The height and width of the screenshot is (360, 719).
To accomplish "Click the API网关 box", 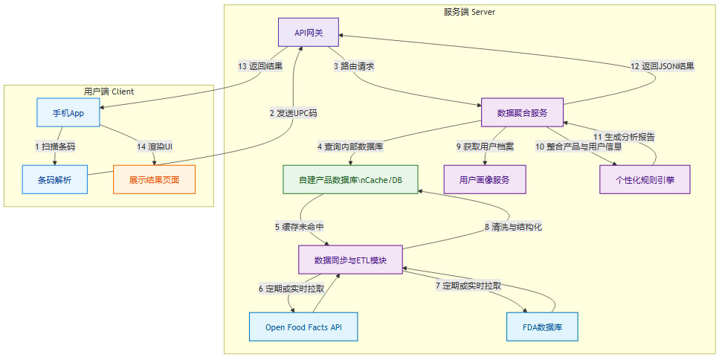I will coord(309,33).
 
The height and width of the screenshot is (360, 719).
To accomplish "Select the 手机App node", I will coord(68,112).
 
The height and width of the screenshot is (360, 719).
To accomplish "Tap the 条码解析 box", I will coord(55,179).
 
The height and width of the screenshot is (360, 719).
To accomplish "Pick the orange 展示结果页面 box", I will coord(154,179).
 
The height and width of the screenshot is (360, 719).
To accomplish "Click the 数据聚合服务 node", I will coord(522,112).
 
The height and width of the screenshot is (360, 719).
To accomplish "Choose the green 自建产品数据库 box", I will coord(349,179).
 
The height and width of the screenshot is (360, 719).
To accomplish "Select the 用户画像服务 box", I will coord(485,179).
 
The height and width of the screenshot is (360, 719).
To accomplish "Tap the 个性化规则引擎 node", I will coord(645,179).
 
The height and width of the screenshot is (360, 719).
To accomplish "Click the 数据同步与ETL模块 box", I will coord(350,260).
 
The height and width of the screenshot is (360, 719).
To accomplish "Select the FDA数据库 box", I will coord(541,327).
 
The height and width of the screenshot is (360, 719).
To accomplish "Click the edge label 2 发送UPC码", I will coord(293,113).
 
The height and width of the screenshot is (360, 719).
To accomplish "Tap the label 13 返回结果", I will coord(260,66).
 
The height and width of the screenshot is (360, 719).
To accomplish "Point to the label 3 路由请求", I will coord(353,66).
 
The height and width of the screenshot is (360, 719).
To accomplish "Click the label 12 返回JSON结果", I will coord(662,66).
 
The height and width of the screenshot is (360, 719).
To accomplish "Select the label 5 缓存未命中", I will coord(299,227).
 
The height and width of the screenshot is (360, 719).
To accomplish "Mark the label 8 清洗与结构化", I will coord(513,227).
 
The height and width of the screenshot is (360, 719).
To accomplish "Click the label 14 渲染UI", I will coord(155,146).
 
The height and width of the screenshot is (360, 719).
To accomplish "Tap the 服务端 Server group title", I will coord(469,12).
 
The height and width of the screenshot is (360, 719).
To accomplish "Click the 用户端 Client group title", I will coord(109,91).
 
